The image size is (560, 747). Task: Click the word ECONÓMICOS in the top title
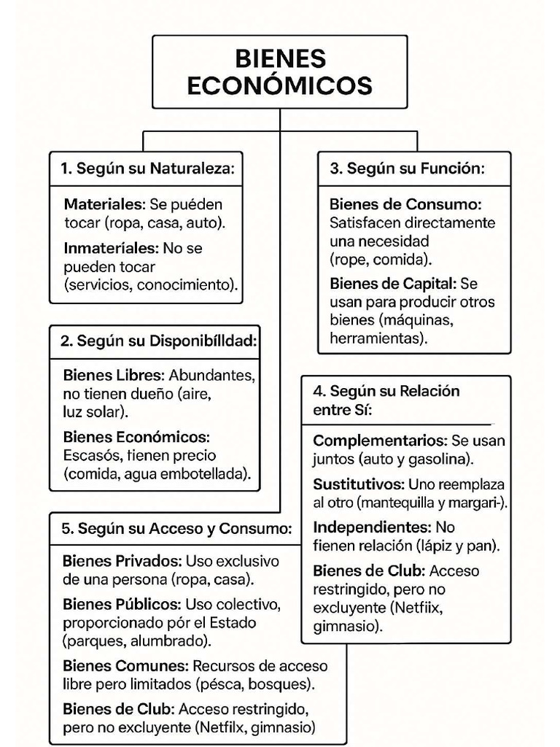click(279, 86)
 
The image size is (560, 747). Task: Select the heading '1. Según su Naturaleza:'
click(147, 169)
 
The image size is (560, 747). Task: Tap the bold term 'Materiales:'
click(104, 204)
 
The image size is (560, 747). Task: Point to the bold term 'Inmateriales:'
click(111, 248)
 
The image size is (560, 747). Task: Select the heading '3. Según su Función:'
click(407, 169)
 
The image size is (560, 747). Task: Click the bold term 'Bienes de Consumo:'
click(405, 204)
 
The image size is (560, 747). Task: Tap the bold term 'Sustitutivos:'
click(359, 484)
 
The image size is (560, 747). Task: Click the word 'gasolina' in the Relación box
click(442, 459)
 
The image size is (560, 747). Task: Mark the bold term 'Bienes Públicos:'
click(121, 605)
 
